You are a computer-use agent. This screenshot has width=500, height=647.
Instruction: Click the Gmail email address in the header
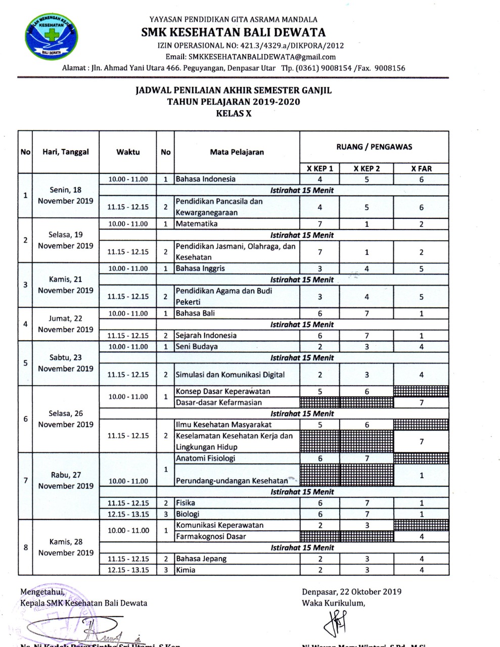tap(250, 57)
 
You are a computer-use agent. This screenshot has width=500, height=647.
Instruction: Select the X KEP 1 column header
tap(320, 169)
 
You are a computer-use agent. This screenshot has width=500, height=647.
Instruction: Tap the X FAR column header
tap(421, 169)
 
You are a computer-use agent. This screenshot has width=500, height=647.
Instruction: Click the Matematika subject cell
tap(197, 224)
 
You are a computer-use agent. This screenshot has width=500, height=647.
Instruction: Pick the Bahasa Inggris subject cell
tap(200, 268)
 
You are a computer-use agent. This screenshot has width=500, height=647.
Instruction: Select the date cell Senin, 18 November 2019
tap(66, 196)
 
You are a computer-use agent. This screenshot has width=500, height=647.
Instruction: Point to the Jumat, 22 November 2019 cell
tap(66, 324)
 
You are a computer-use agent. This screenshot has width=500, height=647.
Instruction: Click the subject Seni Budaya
tap(197, 347)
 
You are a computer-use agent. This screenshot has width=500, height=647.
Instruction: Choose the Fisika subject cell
tap(186, 503)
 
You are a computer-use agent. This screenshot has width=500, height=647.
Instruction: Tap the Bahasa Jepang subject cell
tap(201, 559)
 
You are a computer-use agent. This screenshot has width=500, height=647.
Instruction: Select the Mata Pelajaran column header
tap(237, 152)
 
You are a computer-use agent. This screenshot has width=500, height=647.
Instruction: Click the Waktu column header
tap(128, 152)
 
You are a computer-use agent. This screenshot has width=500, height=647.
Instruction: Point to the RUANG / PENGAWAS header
tap(374, 147)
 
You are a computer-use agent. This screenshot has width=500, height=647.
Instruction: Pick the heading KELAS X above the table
tap(234, 114)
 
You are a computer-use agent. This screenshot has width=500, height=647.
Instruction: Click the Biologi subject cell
tap(188, 514)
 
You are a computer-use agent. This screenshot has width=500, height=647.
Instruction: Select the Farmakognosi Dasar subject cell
tap(211, 537)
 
